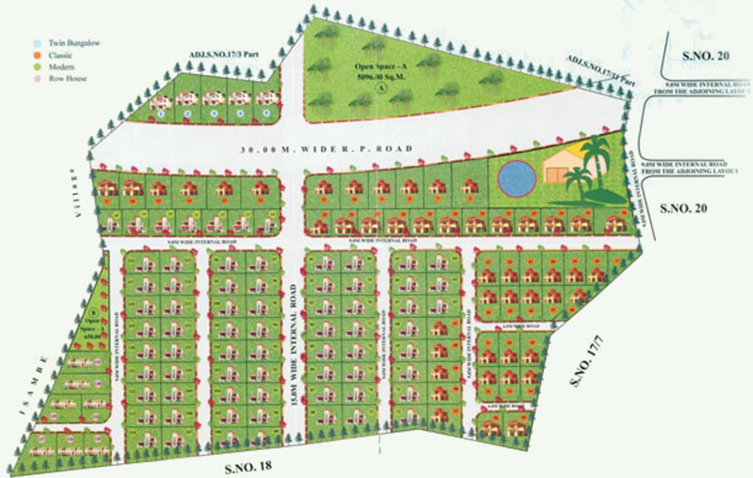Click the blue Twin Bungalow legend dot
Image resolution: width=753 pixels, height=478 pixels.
click(37, 44)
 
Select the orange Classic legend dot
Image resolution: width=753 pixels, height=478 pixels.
click(37, 55)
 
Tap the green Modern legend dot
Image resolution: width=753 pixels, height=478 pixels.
click(37, 67)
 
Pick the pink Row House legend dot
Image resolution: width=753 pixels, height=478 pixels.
click(37, 78)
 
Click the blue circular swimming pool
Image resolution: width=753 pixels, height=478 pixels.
click(517, 179)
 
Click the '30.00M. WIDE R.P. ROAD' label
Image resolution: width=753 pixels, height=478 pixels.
click(326, 149)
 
